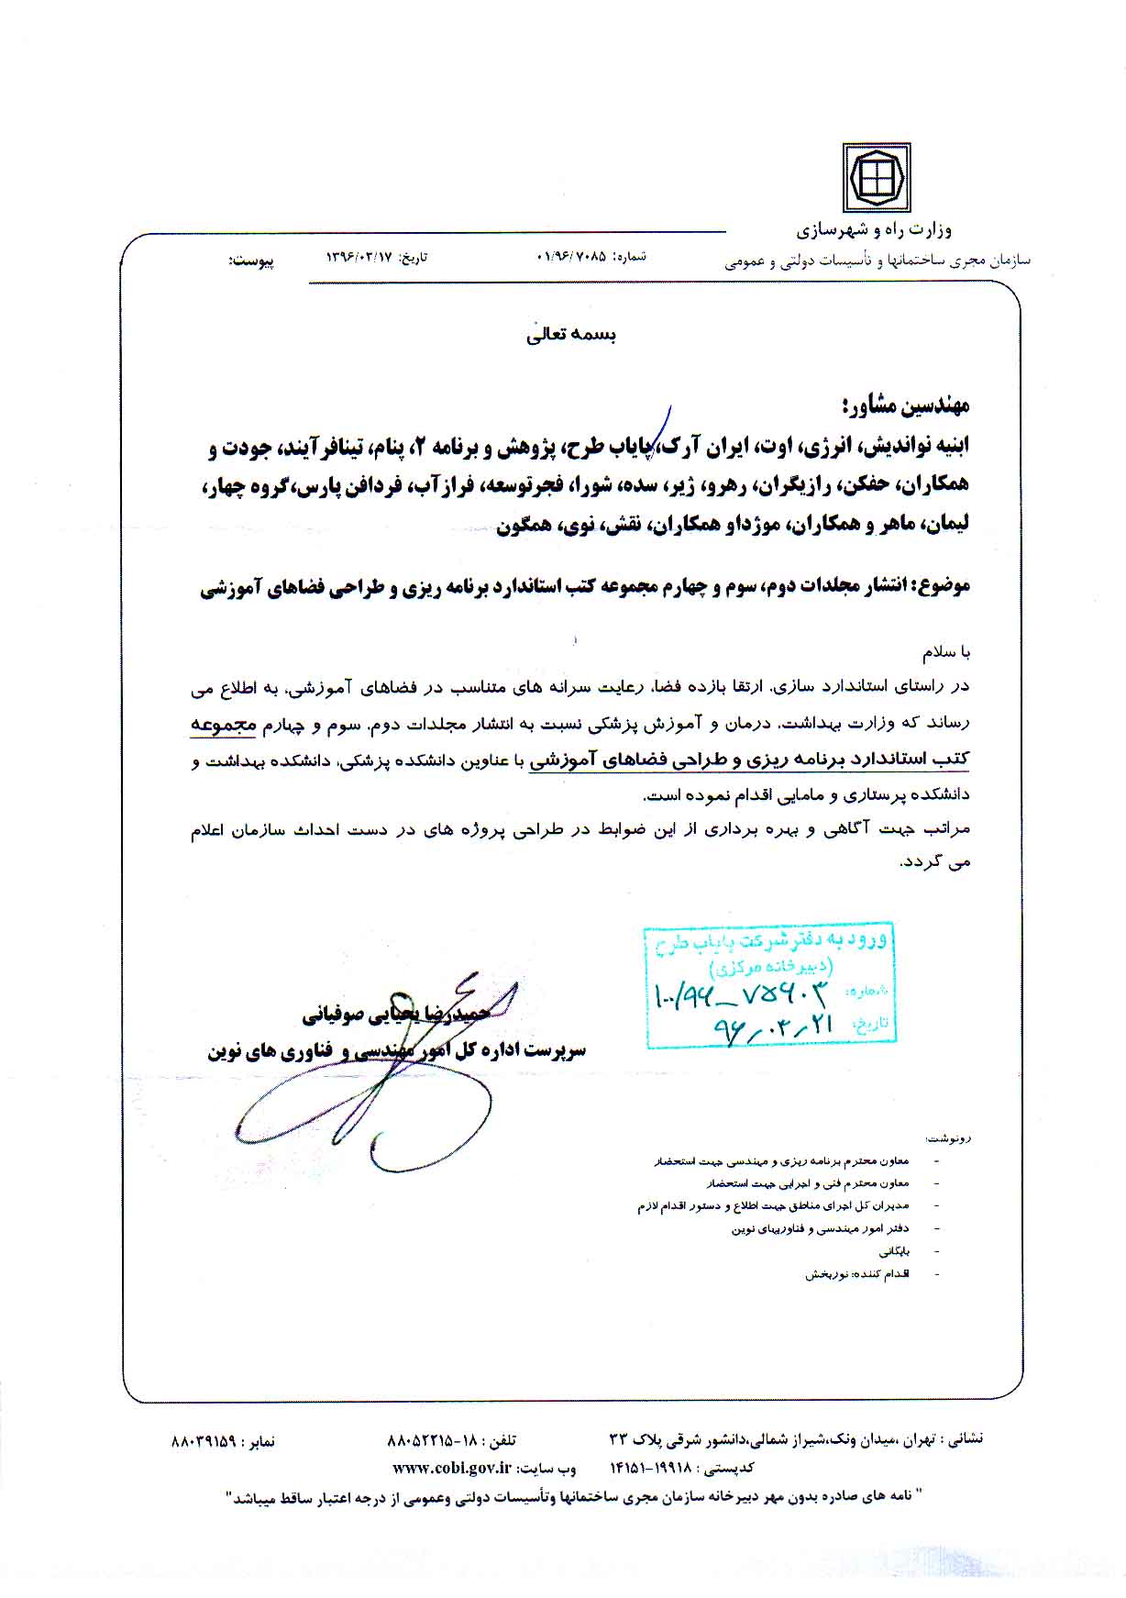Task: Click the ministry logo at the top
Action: click(876, 178)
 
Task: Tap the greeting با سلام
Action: click(945, 652)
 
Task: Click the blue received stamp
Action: click(770, 986)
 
